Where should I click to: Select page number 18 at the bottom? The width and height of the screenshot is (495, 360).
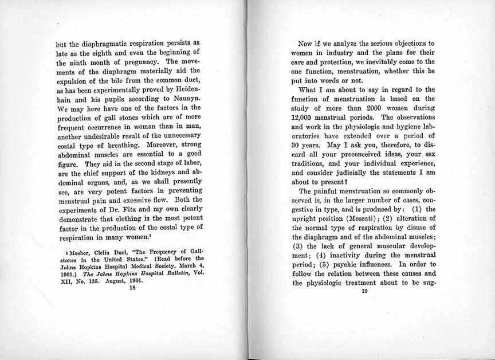click(132, 289)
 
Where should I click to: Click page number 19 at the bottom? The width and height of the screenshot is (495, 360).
click(363, 291)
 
